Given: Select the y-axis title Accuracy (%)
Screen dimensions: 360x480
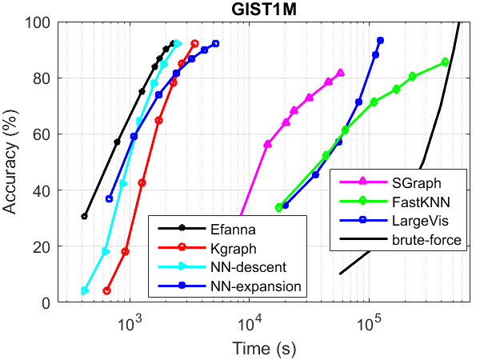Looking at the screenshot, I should pos(12,162).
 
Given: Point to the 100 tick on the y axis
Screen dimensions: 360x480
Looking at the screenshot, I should pos(59,22).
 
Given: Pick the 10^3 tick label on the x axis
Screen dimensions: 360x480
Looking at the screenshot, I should pos(129,323).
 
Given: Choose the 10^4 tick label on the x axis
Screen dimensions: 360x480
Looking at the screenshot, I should pos(249,323).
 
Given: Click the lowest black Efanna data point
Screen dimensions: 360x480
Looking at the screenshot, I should pos(85,216).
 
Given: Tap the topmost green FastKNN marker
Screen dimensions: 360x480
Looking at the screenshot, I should pos(445,62).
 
